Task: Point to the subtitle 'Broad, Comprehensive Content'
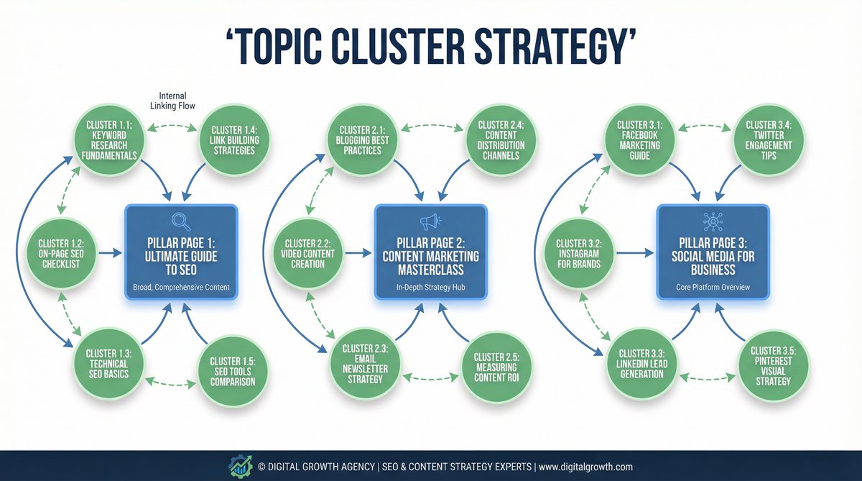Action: point(181,288)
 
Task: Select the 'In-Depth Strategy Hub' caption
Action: point(430,288)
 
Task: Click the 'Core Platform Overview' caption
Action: point(713,288)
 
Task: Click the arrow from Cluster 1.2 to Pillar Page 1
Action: point(110,252)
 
